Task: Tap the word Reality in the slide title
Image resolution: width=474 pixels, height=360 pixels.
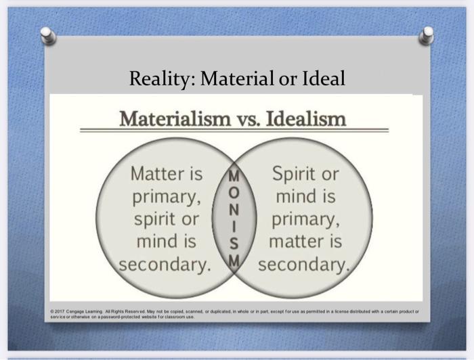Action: click(160, 79)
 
